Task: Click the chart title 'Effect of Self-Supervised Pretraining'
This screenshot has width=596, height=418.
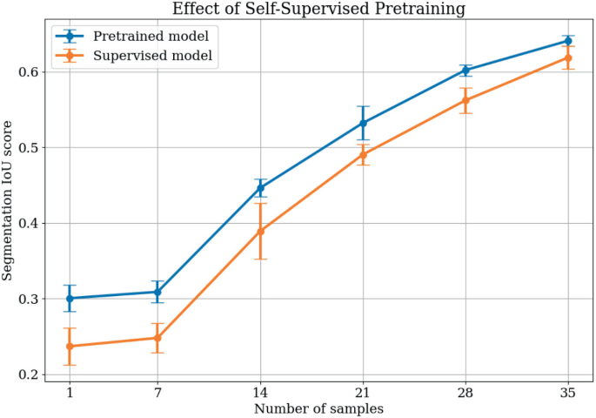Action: pyautogui.click(x=318, y=10)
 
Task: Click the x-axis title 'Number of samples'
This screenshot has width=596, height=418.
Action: pyautogui.click(x=318, y=408)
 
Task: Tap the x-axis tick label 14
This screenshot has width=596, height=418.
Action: pyautogui.click(x=260, y=391)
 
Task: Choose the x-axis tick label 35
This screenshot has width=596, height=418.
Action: pyautogui.click(x=568, y=391)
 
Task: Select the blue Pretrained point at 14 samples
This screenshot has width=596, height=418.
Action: pyautogui.click(x=260, y=187)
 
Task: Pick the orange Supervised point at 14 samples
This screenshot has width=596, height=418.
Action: pyautogui.click(x=260, y=231)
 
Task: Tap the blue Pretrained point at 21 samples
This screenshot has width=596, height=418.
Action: pyautogui.click(x=363, y=123)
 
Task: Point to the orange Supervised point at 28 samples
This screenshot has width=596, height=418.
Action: pyautogui.click(x=465, y=100)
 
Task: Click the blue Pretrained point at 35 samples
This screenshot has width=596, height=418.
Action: pyautogui.click(x=568, y=41)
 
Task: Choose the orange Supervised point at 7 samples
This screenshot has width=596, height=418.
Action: pyautogui.click(x=157, y=338)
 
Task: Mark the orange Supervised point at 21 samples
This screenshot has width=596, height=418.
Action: pyautogui.click(x=363, y=155)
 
